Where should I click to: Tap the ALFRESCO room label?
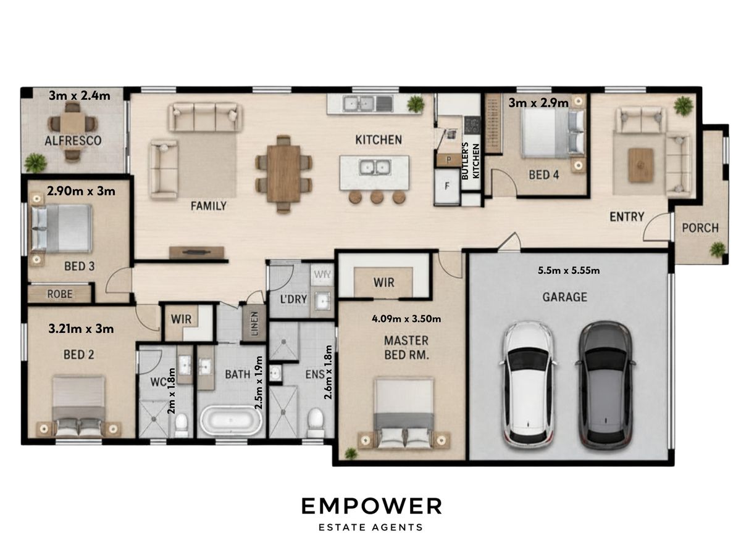point(73,141)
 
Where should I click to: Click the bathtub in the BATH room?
point(230,421)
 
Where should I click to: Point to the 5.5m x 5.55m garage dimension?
point(569,270)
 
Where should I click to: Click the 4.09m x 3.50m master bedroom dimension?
point(406,318)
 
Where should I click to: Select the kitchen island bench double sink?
point(374,167)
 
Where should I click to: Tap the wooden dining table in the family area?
point(283,174)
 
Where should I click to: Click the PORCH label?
point(700,228)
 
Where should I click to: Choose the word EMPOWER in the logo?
point(371,506)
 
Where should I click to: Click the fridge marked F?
point(447,186)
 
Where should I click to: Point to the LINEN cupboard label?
point(254,324)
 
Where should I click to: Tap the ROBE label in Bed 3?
point(60,294)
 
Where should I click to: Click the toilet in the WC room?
point(182,425)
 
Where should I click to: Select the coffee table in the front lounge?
point(640,165)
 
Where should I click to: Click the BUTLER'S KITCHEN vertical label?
point(471,161)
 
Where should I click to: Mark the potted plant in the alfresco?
point(35,162)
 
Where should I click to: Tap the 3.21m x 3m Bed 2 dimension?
point(81,329)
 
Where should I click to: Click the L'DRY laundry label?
point(293,299)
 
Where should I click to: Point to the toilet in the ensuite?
point(316,422)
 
